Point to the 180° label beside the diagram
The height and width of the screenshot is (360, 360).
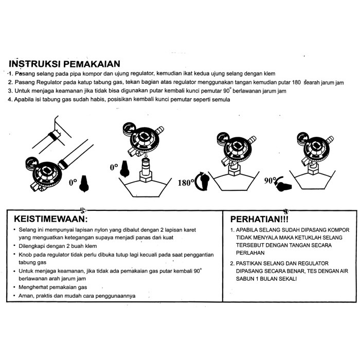186,182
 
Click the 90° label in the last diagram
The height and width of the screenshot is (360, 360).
271,181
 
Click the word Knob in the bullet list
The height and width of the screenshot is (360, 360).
26,255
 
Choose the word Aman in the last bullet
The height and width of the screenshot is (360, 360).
27,296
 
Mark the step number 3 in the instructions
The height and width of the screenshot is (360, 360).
10,91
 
